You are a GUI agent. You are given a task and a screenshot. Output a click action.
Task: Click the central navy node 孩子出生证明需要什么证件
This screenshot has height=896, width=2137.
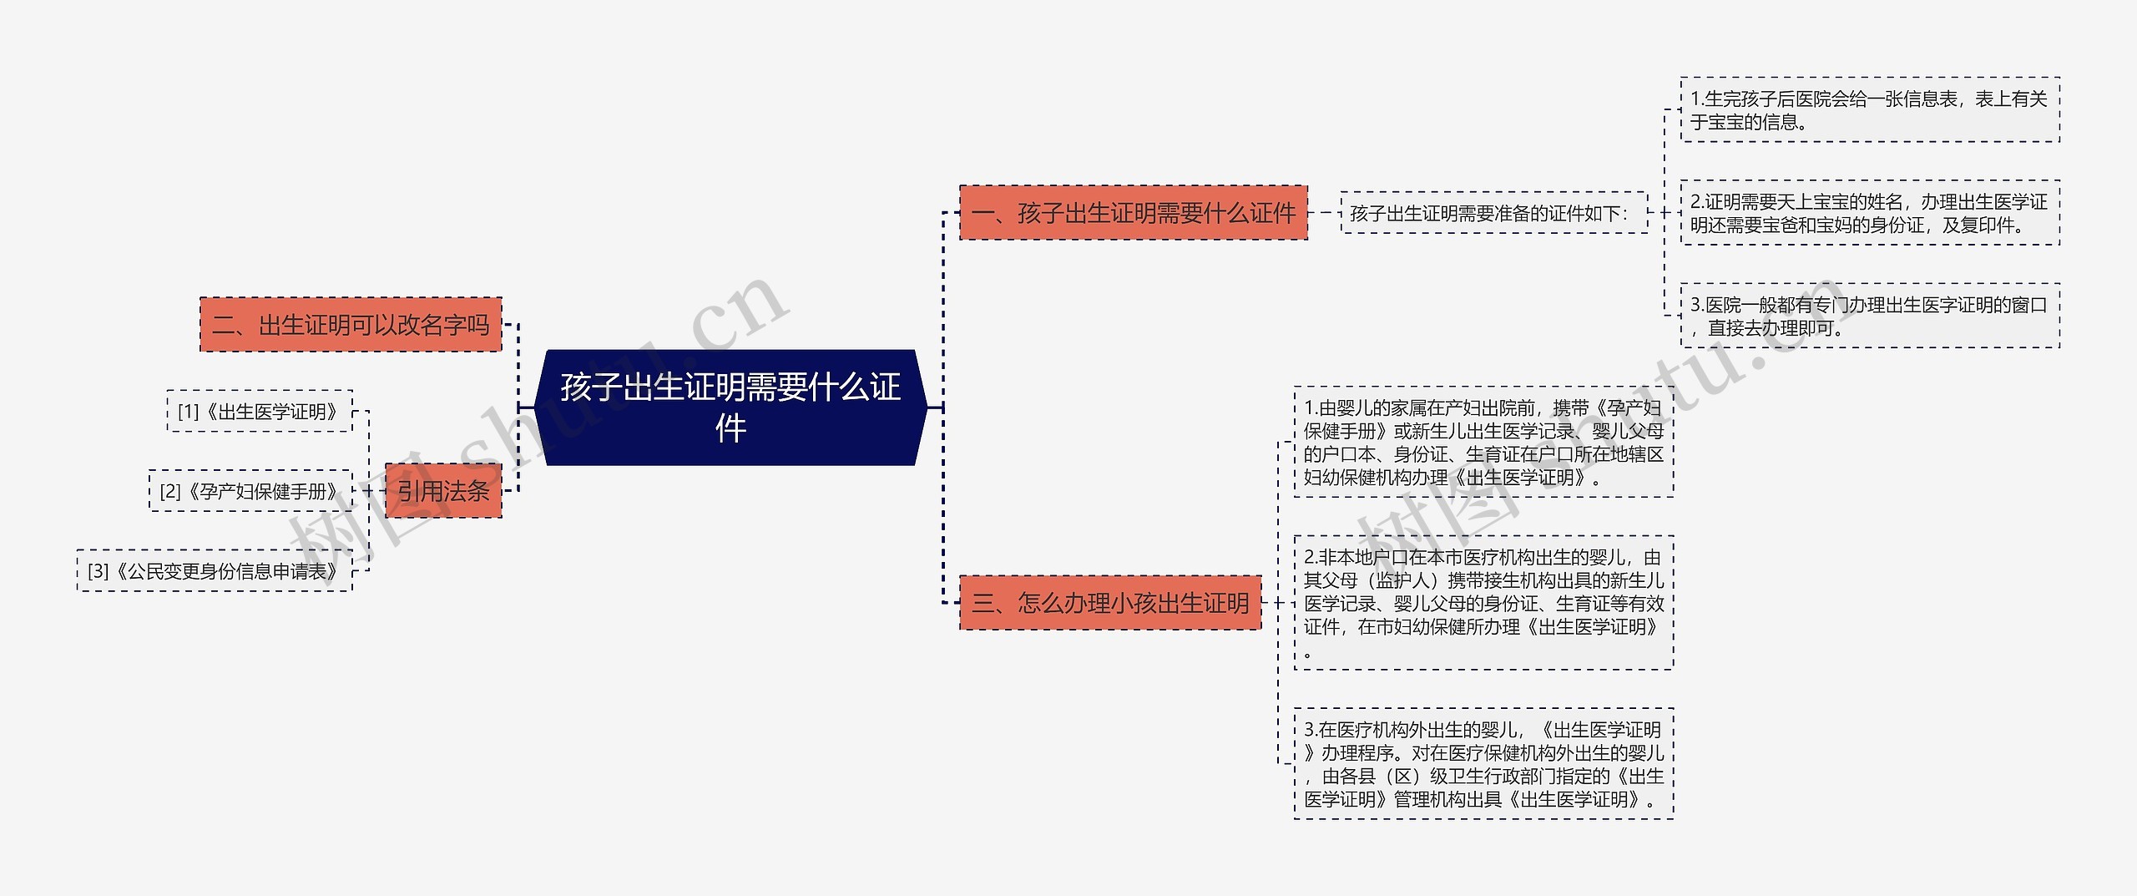click(x=730, y=408)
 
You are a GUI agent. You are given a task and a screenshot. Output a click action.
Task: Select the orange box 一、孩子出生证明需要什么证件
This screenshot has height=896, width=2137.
click(x=1133, y=213)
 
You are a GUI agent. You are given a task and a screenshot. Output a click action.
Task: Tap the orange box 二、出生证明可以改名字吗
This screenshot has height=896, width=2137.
click(x=351, y=324)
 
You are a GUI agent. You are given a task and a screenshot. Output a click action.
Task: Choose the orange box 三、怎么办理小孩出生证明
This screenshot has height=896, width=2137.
click(x=1109, y=602)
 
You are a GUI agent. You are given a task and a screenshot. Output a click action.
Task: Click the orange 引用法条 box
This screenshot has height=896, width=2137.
click(x=443, y=491)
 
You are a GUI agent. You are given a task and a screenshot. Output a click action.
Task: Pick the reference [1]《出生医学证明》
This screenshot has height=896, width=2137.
click(x=259, y=412)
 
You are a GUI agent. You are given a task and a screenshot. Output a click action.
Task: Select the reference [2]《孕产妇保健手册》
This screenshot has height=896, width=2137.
click(x=250, y=491)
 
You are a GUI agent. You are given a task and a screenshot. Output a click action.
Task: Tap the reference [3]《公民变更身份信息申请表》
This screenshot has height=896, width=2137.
click(x=215, y=571)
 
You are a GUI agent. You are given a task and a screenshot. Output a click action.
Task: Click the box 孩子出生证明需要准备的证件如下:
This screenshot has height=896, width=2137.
click(x=1493, y=213)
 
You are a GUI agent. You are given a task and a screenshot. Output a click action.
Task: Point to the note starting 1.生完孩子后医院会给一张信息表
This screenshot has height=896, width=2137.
click(x=1869, y=110)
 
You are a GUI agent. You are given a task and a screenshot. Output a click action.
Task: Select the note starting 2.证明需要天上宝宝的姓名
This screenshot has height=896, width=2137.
click(x=1869, y=213)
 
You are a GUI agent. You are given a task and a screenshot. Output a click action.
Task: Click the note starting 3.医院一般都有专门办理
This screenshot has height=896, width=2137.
click(x=1869, y=316)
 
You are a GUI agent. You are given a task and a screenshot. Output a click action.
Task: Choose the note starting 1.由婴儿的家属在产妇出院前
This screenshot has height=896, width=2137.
click(x=1483, y=443)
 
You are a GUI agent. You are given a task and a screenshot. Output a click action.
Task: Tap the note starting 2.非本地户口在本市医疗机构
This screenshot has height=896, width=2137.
click(x=1483, y=603)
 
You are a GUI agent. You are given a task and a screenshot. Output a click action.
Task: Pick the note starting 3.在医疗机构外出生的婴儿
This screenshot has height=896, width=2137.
click(x=1483, y=764)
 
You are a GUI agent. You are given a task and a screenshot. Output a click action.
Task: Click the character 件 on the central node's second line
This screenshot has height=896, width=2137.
click(x=730, y=428)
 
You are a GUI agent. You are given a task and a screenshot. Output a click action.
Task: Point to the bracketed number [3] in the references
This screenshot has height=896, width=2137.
click(x=99, y=571)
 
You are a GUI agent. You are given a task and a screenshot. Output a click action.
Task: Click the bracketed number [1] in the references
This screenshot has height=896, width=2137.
click(x=189, y=412)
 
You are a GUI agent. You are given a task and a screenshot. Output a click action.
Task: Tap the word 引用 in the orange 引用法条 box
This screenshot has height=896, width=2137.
click(x=420, y=491)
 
